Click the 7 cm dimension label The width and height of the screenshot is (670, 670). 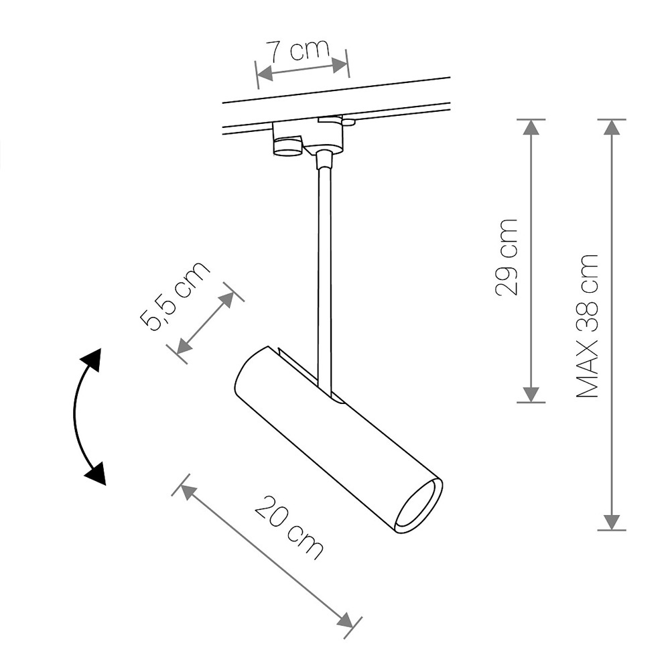(x=298, y=51)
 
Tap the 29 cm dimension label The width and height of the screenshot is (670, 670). (x=506, y=257)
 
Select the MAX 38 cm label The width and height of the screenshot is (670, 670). (x=587, y=327)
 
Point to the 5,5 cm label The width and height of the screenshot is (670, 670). (x=175, y=296)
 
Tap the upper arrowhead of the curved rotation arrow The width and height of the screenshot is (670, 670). (x=92, y=360)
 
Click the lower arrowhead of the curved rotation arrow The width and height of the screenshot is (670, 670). (x=96, y=473)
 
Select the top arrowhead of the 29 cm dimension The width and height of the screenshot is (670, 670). (x=531, y=127)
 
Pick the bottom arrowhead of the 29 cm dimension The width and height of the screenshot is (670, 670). (x=531, y=395)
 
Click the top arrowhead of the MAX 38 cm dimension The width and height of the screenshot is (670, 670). (x=612, y=127)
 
